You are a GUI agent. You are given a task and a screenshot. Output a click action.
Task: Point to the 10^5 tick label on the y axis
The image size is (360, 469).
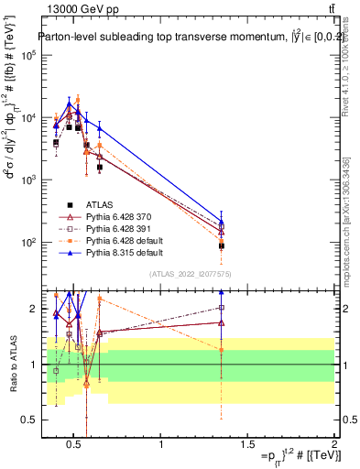(27, 55)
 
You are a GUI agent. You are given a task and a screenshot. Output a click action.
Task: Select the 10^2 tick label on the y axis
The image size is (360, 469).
(27, 243)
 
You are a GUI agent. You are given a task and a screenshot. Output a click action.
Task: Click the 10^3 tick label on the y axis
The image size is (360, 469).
(27, 180)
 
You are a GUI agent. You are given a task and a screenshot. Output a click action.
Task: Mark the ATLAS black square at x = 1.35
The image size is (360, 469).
(222, 245)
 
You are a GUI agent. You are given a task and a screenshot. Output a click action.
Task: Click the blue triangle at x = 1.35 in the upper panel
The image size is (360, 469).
(222, 221)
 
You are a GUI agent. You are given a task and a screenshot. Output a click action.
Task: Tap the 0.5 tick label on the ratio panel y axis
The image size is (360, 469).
(27, 420)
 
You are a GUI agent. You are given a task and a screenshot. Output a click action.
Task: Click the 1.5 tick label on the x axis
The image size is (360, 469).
(247, 445)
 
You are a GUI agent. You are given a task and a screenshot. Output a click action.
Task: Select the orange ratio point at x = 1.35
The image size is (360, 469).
(222, 349)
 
